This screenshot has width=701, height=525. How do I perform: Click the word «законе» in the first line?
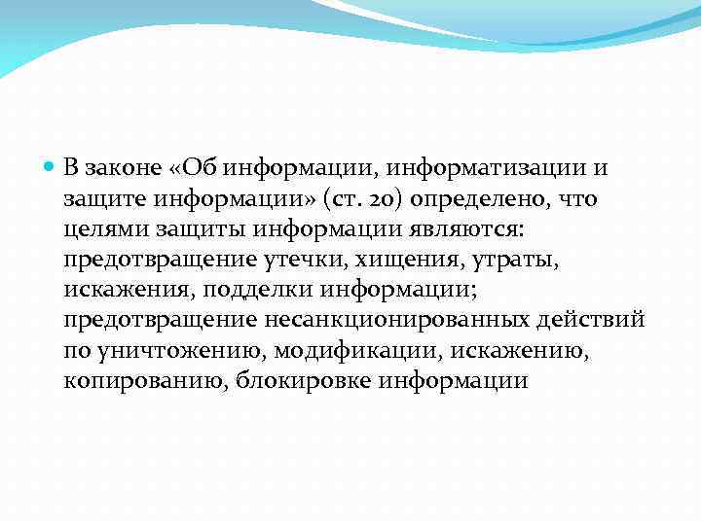[x=123, y=167]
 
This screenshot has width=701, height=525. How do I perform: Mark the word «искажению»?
[x=504, y=350]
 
